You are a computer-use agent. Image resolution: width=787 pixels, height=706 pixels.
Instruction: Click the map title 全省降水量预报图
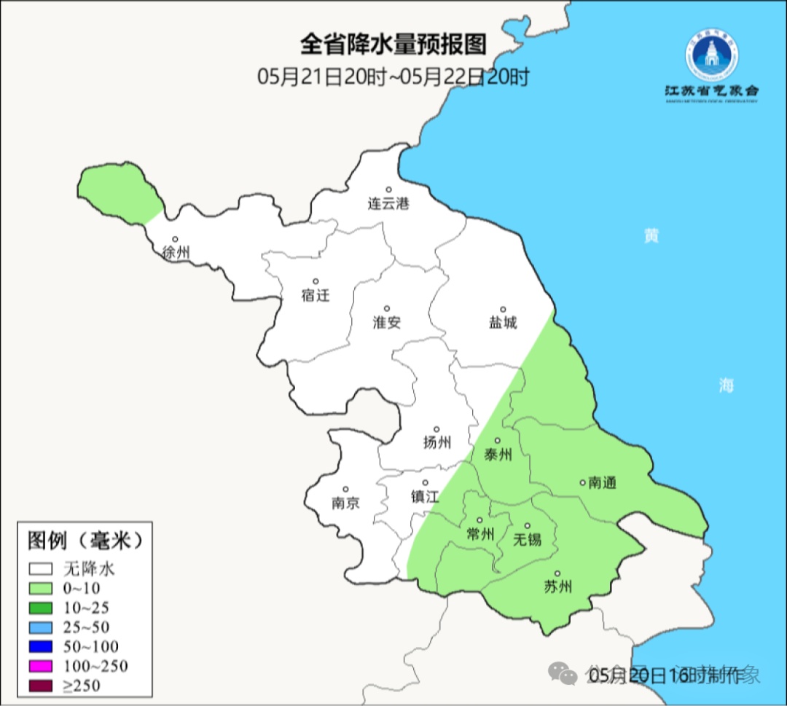(393, 44)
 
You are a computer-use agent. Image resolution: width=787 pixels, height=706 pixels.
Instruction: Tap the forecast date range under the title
(393, 77)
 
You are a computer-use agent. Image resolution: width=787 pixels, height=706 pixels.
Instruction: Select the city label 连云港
(388, 204)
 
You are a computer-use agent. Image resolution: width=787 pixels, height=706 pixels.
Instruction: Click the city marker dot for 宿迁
(316, 281)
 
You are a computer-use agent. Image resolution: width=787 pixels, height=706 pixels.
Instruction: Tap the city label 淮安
(387, 323)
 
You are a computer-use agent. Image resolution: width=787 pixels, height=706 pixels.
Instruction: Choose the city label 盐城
(503, 323)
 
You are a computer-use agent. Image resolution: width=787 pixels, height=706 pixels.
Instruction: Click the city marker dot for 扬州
(436, 429)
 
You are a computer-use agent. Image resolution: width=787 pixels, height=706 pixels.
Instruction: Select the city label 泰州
(498, 455)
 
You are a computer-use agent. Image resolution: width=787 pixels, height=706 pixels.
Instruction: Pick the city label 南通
(602, 482)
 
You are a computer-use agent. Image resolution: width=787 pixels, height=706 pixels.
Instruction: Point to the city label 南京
(345, 503)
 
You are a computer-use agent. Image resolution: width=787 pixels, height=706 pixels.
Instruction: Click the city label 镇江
(425, 497)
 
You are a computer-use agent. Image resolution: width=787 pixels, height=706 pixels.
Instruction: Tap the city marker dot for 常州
(479, 520)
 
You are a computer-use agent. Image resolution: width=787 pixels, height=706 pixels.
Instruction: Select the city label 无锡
(528, 540)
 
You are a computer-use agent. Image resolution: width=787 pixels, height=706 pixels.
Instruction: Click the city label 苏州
(558, 587)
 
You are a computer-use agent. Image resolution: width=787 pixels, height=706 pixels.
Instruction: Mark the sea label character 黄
(651, 236)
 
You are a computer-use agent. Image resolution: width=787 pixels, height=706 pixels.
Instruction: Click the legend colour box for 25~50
(41, 627)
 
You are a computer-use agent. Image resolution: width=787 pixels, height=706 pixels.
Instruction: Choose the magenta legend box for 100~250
(41, 665)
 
